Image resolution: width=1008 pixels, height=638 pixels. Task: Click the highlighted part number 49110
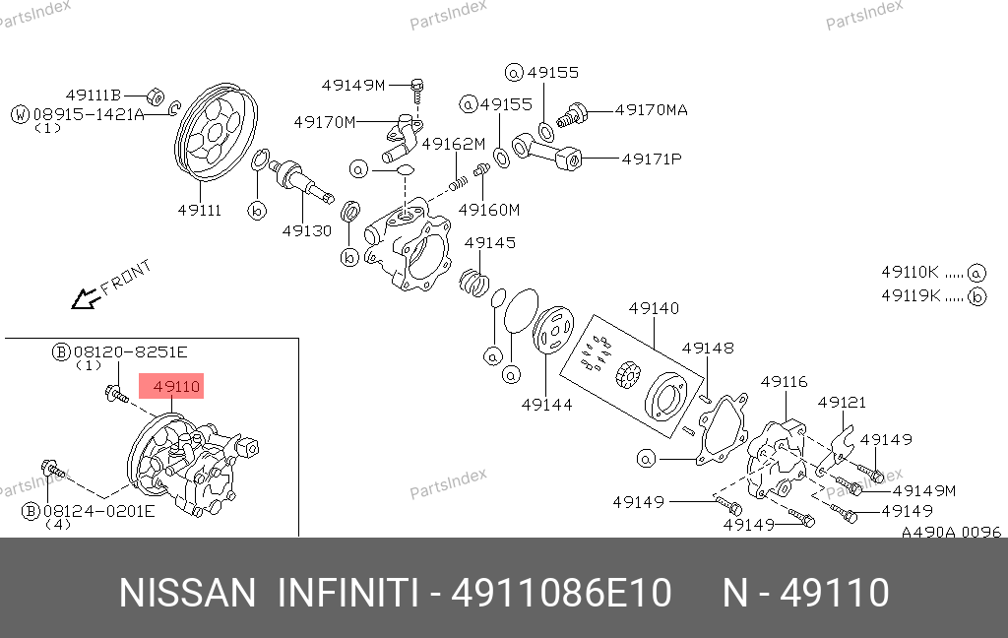point(177,387)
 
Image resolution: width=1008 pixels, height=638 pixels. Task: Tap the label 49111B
point(94,96)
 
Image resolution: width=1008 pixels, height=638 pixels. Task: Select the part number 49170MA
point(652,110)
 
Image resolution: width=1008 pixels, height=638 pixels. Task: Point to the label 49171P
point(652,159)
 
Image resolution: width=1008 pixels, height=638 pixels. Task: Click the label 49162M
point(453,144)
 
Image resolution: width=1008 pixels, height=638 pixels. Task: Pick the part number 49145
point(490,242)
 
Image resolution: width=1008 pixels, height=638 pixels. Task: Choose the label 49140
point(654,309)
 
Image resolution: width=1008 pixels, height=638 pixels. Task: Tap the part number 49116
point(785,382)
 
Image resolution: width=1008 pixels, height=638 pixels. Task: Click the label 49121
point(843,403)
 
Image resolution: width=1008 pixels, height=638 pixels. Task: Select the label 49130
point(307,231)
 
